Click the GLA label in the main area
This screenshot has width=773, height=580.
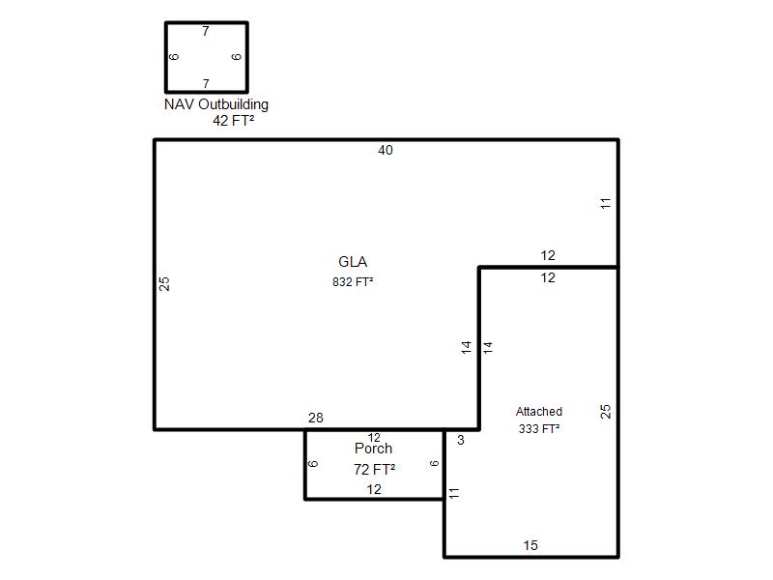tap(353, 262)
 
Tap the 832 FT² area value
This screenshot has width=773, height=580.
tap(353, 282)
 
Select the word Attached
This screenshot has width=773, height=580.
tap(539, 412)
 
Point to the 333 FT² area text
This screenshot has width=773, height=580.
tap(539, 429)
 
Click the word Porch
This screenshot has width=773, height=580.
tap(373, 449)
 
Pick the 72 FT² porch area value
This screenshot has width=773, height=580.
tap(374, 470)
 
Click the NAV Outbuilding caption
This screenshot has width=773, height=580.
tap(216, 104)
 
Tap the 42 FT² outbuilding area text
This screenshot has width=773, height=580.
tap(234, 120)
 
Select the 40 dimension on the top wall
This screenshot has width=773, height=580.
tap(386, 151)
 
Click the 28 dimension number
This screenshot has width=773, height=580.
tap(316, 418)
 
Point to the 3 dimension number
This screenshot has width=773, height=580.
tap(461, 440)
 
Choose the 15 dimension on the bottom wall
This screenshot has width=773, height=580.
tap(530, 545)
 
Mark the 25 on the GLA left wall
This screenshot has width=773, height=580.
tap(164, 283)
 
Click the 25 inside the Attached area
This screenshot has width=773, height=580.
tap(606, 412)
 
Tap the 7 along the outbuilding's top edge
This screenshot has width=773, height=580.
tap(206, 32)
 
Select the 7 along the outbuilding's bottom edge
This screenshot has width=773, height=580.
tap(206, 84)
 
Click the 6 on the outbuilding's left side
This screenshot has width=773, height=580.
tap(174, 57)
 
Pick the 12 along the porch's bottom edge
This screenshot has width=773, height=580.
tap(374, 489)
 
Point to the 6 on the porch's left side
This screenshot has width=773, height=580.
tap(313, 464)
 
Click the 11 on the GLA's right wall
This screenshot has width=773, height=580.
tap(606, 203)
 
